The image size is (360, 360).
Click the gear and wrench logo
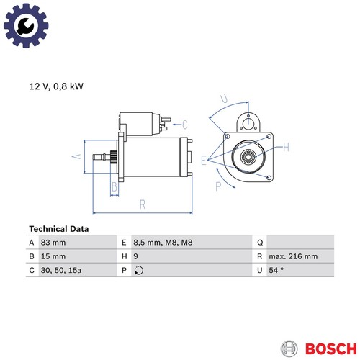point(26,25)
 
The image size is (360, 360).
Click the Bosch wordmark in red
point(331,348)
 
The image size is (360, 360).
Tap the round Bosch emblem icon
point(289,348)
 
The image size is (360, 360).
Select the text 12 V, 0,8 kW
point(56,86)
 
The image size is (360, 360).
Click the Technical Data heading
point(59,229)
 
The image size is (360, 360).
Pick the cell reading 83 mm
point(53,243)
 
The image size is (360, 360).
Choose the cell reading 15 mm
point(53,256)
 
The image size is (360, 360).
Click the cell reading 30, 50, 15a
point(61,270)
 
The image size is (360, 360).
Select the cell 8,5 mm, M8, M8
point(163,243)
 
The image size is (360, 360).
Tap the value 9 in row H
point(135,256)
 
